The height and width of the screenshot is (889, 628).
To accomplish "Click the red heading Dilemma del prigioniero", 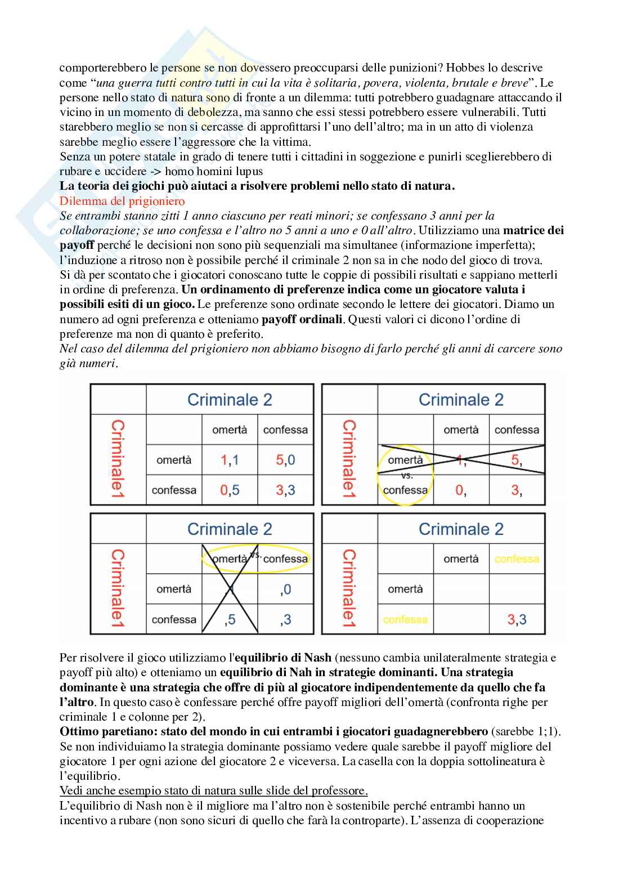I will pos(122,201).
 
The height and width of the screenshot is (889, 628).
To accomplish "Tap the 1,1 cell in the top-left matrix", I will pos(230,460).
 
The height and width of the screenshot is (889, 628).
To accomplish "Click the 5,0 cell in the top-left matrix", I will pos(285,460).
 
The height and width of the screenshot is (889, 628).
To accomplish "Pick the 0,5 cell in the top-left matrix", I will pos(230,490).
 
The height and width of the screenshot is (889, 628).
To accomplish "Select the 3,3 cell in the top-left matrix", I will pos(285,490).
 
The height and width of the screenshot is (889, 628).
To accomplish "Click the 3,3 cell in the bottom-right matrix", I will pos(517,619).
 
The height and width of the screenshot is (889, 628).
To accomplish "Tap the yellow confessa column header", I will pos(517,559).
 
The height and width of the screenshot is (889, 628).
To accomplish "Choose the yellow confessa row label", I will pos(405,619).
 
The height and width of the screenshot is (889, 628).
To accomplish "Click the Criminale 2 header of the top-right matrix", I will pos(461,400).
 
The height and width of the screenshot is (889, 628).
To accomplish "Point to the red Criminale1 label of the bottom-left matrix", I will pos(118,589).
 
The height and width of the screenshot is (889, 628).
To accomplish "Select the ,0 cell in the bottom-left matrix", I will pos(285,589).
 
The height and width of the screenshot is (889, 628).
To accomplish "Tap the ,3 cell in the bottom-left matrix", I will pos(285,619).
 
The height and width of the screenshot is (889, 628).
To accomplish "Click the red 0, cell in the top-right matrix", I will pos(460,490).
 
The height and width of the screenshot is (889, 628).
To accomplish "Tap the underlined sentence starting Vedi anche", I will pos(213,790).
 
